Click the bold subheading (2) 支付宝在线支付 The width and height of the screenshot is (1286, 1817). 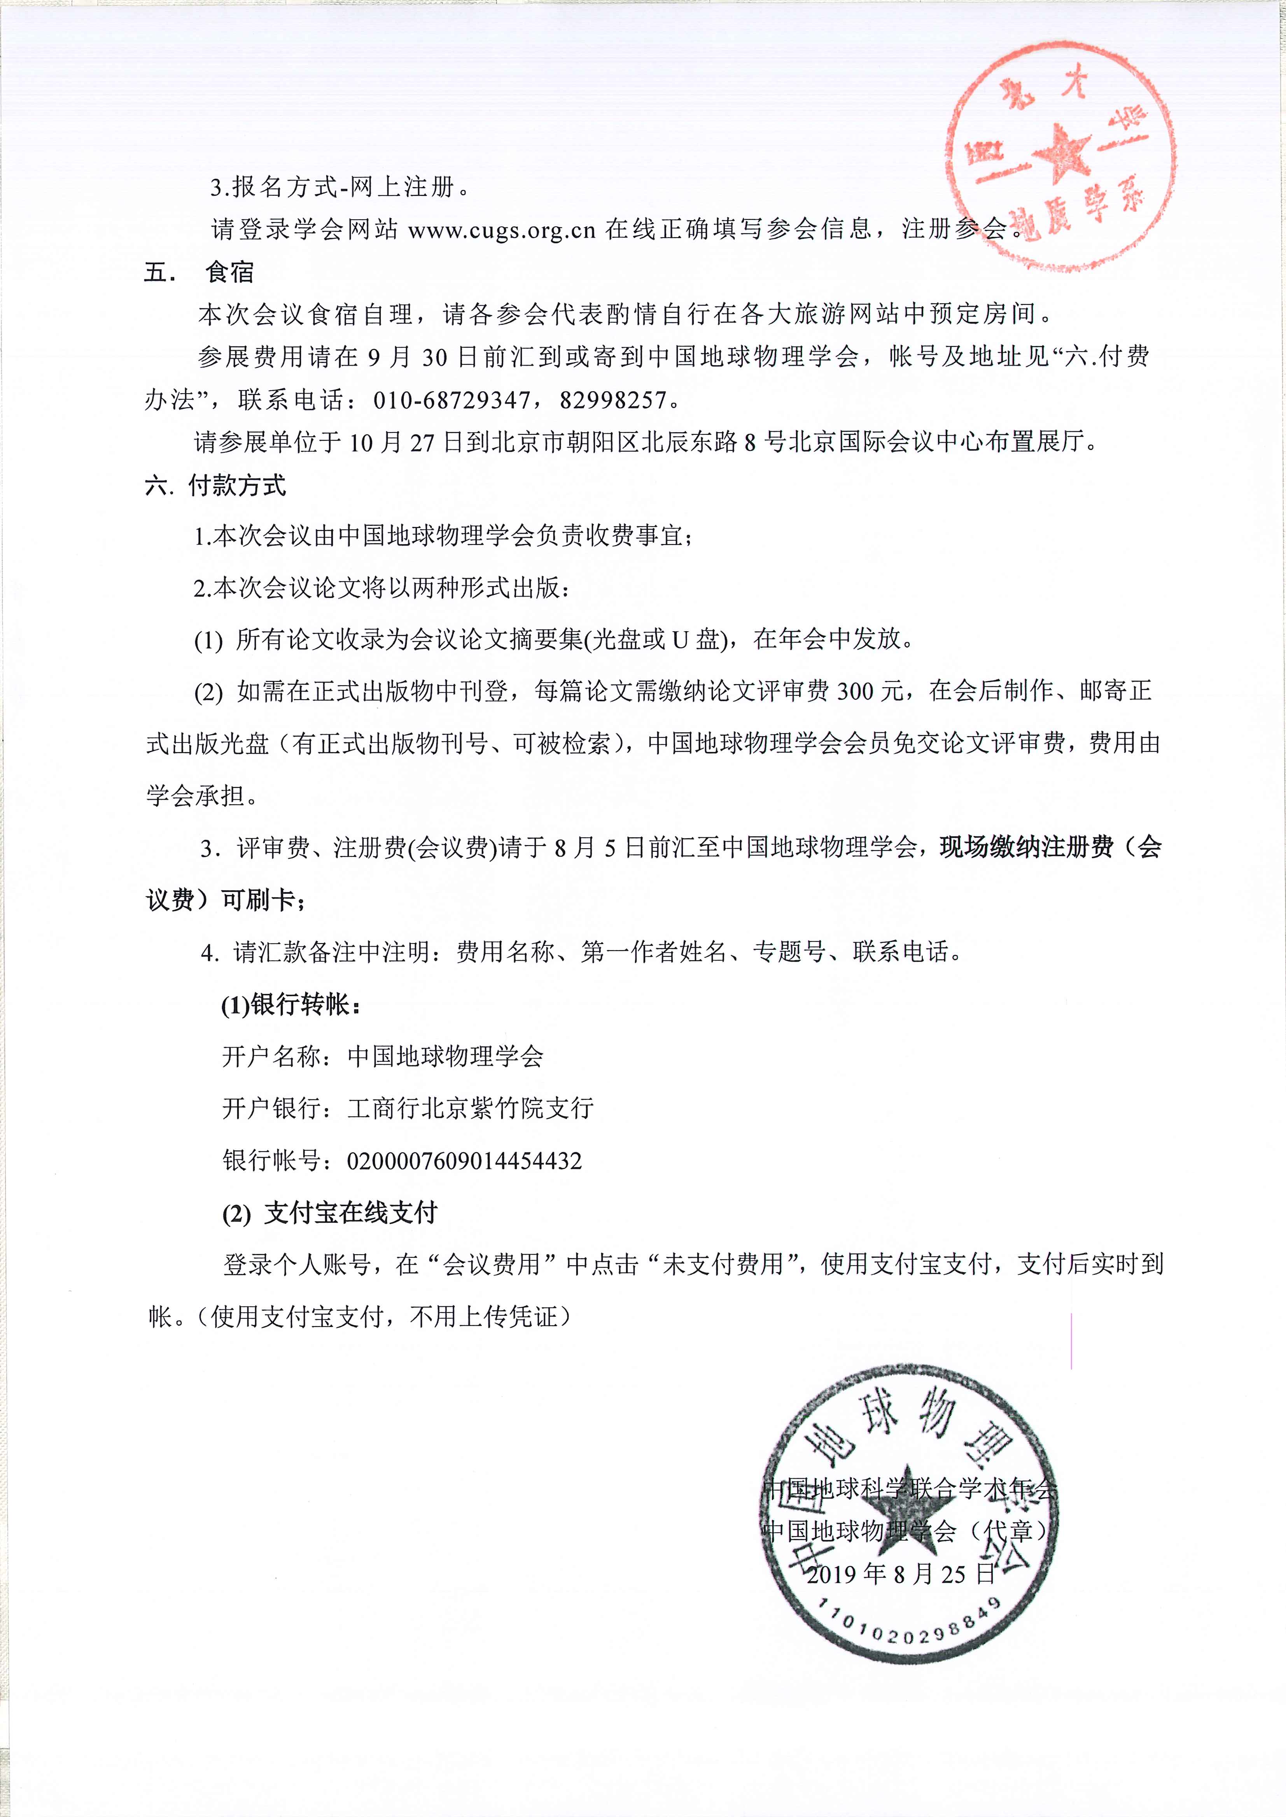(329, 1213)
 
